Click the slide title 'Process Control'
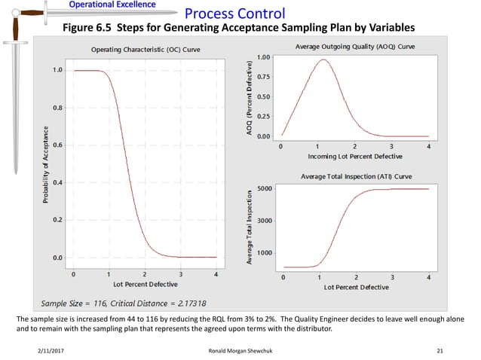coord(234,14)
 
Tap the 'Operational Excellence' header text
coord(113,5)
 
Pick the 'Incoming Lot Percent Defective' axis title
coord(354,156)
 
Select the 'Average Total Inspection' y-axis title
coord(249,227)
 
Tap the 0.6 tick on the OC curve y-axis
coord(57,145)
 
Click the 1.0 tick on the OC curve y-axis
coord(57,70)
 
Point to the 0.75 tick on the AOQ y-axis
coord(264,76)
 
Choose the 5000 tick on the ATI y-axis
coord(265,188)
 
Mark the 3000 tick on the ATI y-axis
coord(265,221)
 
